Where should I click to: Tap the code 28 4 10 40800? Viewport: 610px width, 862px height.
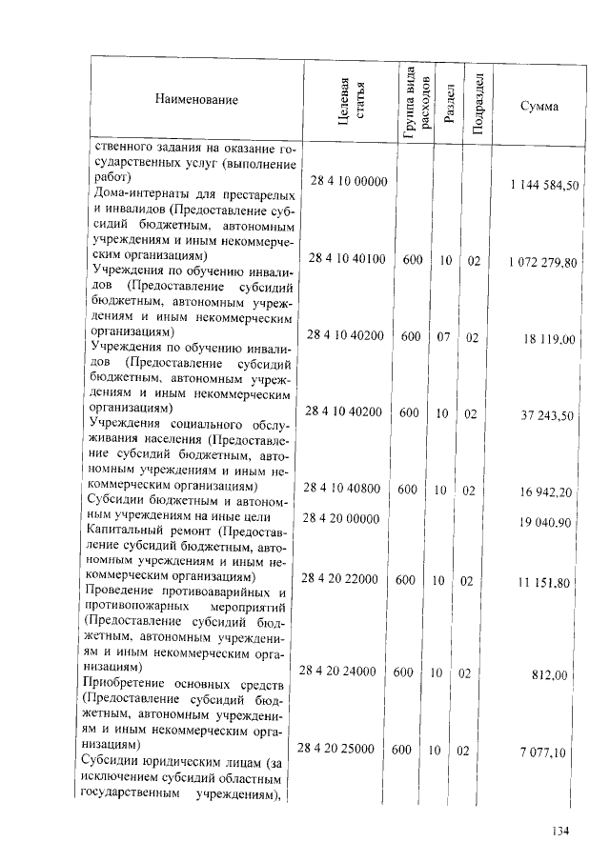(342, 489)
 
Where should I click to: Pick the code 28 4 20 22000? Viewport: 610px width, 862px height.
(339, 578)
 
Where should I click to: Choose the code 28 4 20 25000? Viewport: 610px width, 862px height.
(337, 749)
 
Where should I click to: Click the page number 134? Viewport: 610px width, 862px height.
(559, 832)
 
